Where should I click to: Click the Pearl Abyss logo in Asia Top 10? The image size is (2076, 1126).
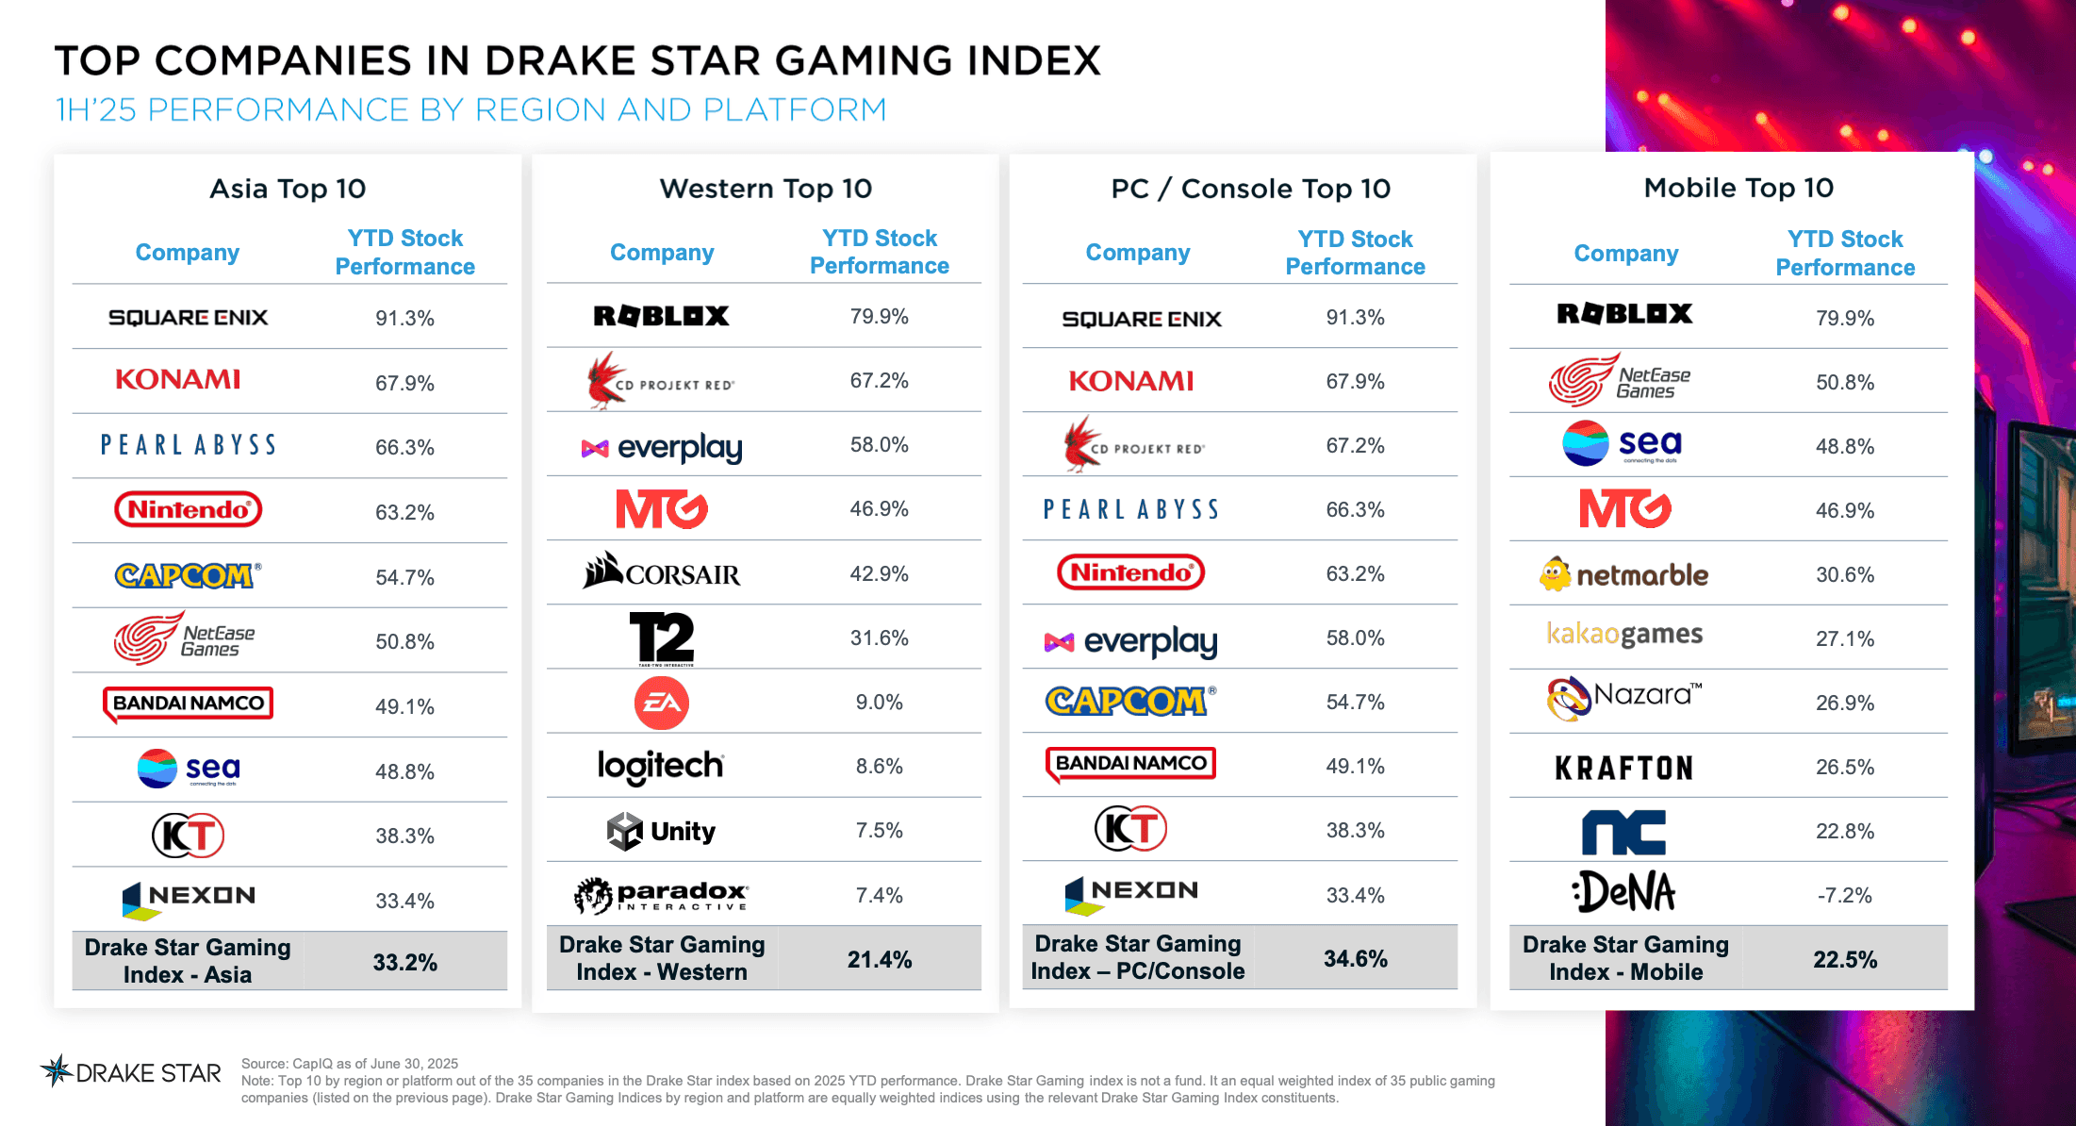(x=189, y=445)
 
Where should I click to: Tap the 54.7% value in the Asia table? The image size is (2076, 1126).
(x=404, y=577)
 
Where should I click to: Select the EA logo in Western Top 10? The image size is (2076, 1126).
(x=661, y=703)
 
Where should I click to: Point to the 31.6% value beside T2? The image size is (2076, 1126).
(x=879, y=638)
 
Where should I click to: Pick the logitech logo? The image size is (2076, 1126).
(x=661, y=766)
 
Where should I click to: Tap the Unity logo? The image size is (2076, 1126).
(x=661, y=831)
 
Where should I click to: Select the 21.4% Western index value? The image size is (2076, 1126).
(x=879, y=960)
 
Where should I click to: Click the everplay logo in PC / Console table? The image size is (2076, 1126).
(x=1131, y=642)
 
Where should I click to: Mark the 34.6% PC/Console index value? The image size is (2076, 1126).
(x=1355, y=959)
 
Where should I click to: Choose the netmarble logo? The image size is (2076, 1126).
(x=1623, y=574)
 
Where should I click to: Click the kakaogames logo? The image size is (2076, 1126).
(x=1624, y=635)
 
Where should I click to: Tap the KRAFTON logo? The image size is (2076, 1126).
(x=1623, y=768)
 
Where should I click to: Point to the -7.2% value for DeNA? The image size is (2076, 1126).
(x=1844, y=895)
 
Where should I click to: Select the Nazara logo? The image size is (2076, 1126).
(x=1623, y=699)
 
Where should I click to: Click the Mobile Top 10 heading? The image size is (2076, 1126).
(x=1738, y=188)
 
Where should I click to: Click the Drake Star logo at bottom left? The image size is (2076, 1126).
(x=131, y=1072)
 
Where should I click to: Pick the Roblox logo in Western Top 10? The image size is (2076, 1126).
(x=661, y=316)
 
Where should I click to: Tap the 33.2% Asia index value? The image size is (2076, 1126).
(x=404, y=963)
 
